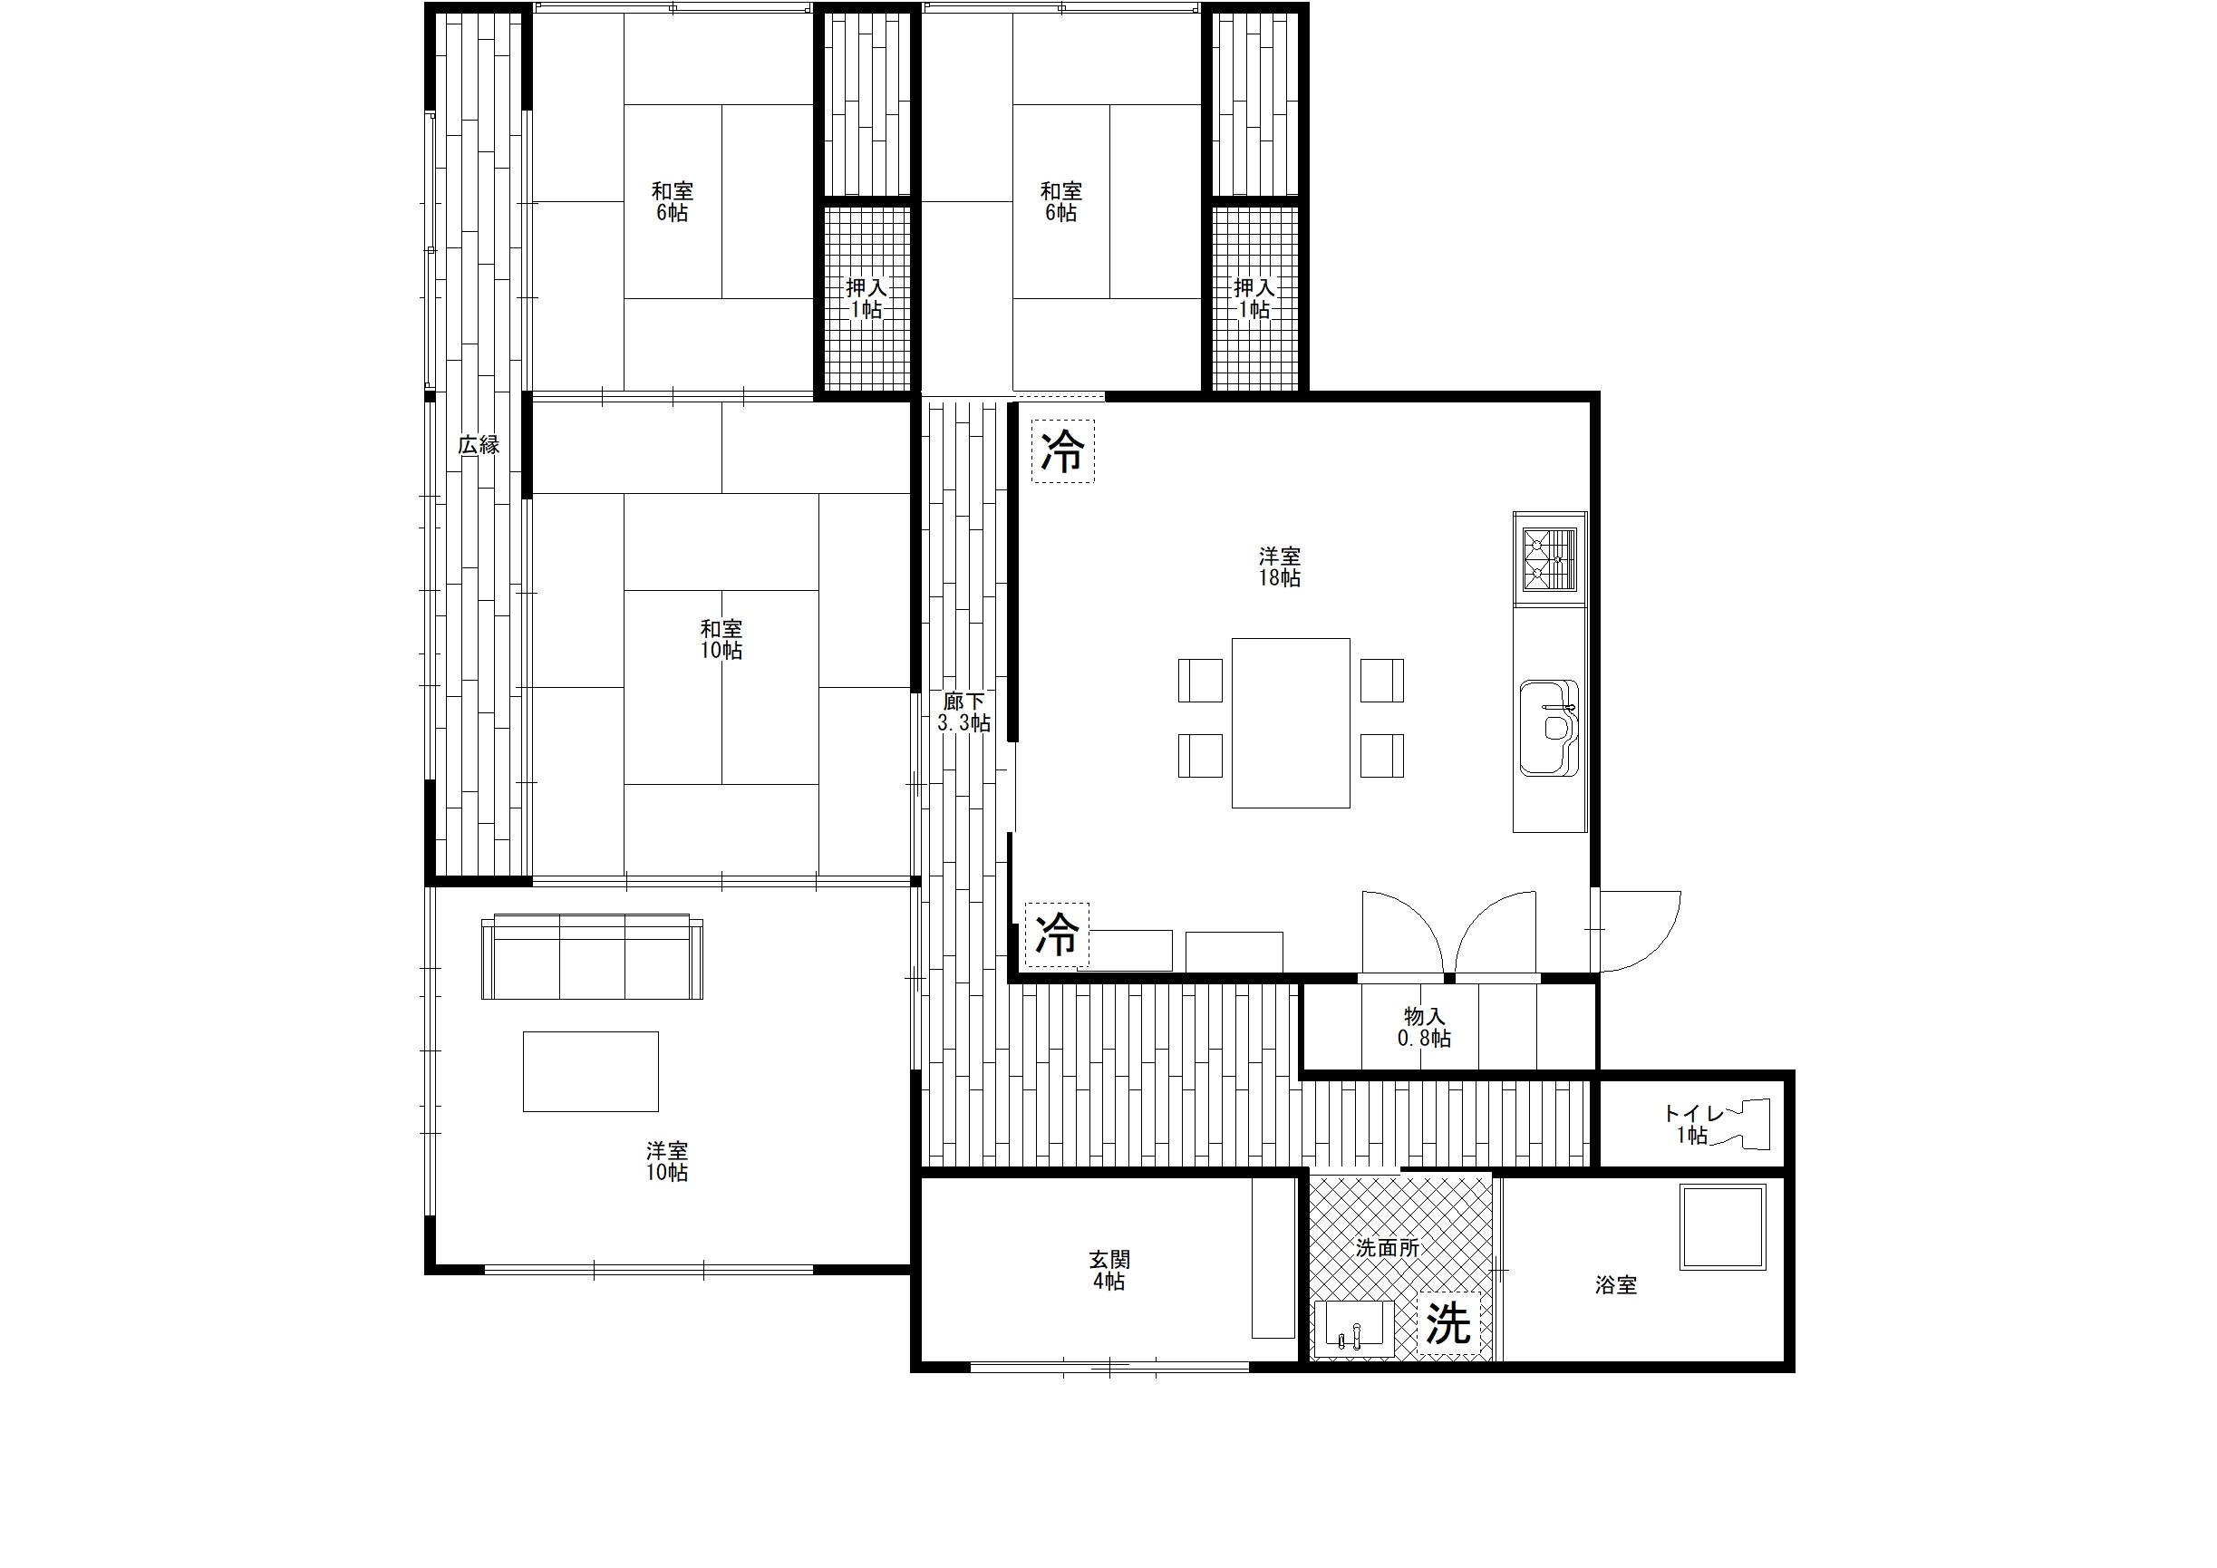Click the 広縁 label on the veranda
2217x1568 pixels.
479,445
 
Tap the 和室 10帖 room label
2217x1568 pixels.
721,639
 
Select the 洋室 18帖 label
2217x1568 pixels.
1280,566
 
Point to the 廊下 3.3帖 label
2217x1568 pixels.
963,712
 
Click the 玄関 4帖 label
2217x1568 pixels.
1108,1271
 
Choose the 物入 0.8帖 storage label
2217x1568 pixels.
1424,1027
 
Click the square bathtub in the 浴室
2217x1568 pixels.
1724,1226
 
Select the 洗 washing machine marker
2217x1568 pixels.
1448,1322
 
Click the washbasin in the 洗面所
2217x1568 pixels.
1354,1330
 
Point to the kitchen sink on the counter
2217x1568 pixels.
1549,728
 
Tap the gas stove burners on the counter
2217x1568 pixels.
1550,559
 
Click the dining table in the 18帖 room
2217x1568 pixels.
1291,722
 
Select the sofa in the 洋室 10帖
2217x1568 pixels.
592,956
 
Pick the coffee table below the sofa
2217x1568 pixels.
591,1070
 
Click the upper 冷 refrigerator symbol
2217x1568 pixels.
1063,450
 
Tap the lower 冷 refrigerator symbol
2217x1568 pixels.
1058,934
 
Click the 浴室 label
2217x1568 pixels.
1615,1285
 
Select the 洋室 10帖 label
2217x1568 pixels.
667,1162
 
